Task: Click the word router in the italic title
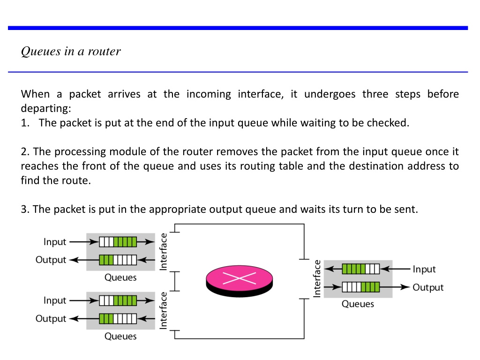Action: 105,52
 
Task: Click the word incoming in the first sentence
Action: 209,94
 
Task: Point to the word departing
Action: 46,109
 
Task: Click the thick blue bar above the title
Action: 238,28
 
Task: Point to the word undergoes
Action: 330,94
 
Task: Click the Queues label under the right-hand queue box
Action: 358,304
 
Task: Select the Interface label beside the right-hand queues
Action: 317,278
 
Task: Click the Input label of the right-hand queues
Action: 424,270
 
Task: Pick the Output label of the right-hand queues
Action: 428,288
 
